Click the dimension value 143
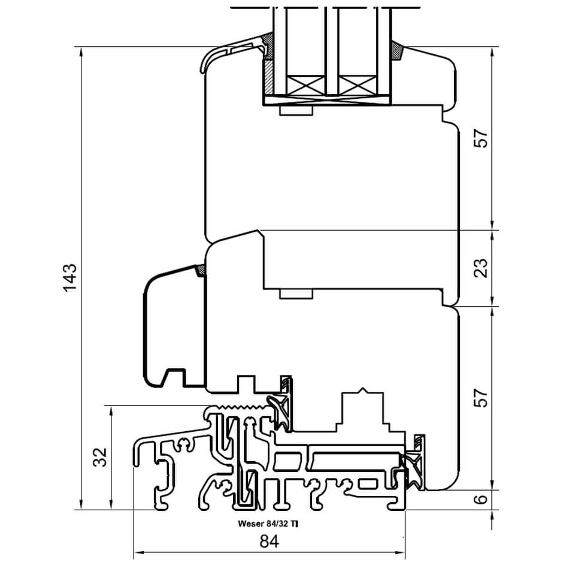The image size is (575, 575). click(70, 277)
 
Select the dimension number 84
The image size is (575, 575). click(270, 541)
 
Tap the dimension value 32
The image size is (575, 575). click(100, 457)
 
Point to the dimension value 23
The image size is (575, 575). click(481, 268)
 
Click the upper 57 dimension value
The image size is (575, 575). click(481, 138)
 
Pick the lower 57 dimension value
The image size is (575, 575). click(481, 398)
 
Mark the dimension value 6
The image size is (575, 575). click(481, 499)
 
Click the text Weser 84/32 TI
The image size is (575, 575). click(268, 523)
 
